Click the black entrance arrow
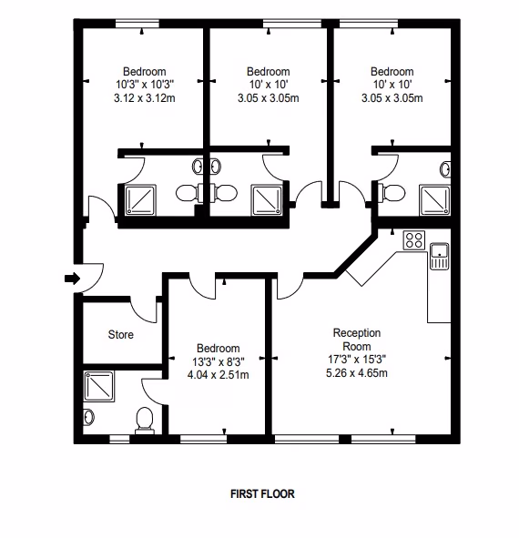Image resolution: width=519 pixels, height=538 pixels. pyautogui.click(x=73, y=279)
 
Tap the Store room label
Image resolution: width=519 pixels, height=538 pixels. pyautogui.click(x=121, y=334)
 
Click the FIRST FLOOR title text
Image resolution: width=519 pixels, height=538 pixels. pyautogui.click(x=262, y=493)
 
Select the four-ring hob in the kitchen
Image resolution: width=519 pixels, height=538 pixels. pyautogui.click(x=414, y=239)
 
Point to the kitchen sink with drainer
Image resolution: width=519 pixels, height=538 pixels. pyautogui.click(x=440, y=256)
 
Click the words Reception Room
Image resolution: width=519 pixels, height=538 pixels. pyautogui.click(x=357, y=340)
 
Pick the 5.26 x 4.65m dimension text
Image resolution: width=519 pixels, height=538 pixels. pyautogui.click(x=357, y=372)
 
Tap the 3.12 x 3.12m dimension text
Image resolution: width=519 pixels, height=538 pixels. pyautogui.click(x=145, y=98)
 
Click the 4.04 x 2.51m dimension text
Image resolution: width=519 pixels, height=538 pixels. pyautogui.click(x=219, y=375)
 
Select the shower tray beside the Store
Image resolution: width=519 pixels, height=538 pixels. pyautogui.click(x=99, y=386)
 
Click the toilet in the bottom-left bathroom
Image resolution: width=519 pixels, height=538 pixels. pyautogui.click(x=145, y=421)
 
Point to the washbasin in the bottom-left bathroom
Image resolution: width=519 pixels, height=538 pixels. pyautogui.click(x=88, y=417)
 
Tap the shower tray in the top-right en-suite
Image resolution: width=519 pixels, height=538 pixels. pyautogui.click(x=434, y=200)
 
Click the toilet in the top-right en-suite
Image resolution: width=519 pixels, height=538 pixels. pyautogui.click(x=392, y=193)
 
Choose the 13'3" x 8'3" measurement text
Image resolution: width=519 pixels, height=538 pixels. pyautogui.click(x=219, y=361)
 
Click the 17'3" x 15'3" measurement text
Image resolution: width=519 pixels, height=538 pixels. pyautogui.click(x=357, y=360)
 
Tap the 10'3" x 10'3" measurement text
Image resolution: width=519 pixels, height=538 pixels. pyautogui.click(x=145, y=84)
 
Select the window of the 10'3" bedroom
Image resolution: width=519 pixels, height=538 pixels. pyautogui.click(x=137, y=24)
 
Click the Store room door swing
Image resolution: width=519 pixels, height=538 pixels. pyautogui.click(x=144, y=310)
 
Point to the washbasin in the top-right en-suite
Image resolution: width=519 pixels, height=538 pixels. pyautogui.click(x=445, y=169)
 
